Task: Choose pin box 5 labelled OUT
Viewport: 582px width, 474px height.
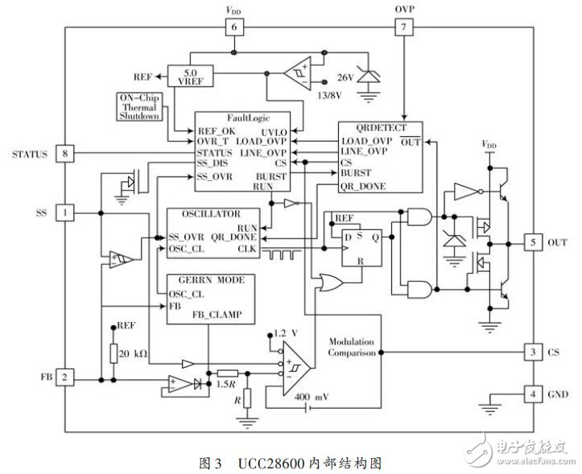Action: click(x=532, y=241)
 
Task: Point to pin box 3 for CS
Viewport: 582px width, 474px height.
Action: click(x=532, y=352)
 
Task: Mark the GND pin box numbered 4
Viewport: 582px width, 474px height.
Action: click(x=532, y=394)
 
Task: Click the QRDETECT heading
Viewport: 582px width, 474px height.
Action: click(x=382, y=127)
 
